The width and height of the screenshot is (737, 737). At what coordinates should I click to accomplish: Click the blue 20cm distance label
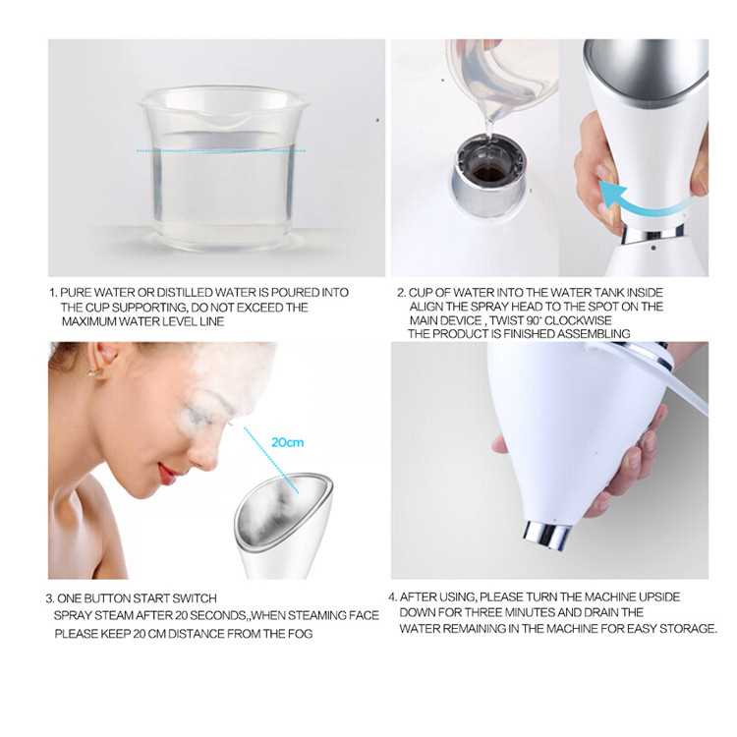coord(287,443)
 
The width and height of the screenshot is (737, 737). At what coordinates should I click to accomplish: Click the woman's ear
coord(103,361)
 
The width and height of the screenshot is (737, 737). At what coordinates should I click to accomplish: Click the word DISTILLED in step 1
coord(184,293)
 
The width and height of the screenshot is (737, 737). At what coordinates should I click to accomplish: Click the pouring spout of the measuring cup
coord(222,120)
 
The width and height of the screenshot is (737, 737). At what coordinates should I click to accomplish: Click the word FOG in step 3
coord(300,634)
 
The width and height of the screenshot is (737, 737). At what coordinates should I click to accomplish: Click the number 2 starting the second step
coord(401,293)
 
